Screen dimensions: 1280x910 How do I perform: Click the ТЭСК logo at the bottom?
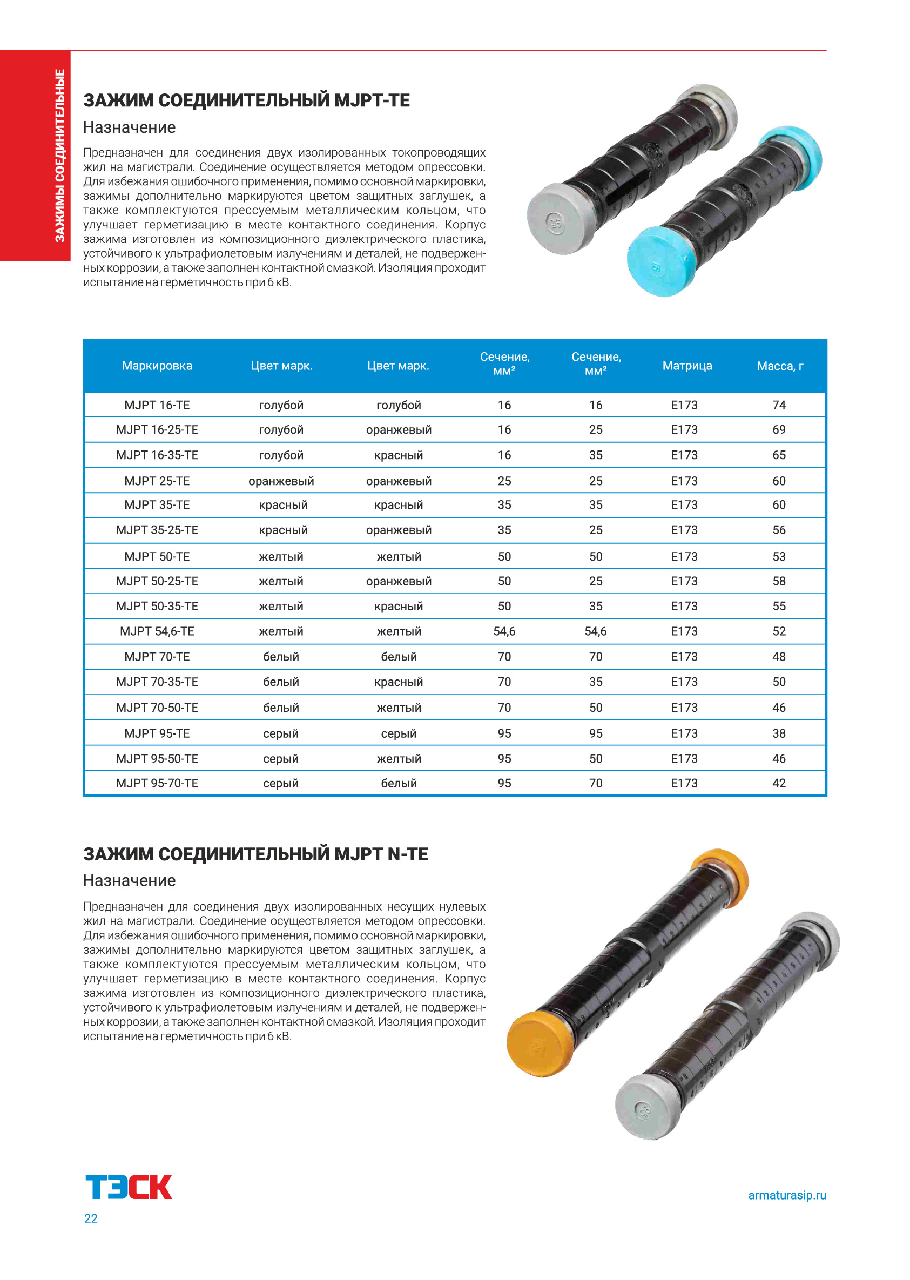[x=129, y=1187]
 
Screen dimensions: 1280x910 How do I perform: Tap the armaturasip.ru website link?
[x=787, y=1195]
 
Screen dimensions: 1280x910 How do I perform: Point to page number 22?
[x=91, y=1218]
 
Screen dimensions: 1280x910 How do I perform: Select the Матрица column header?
[x=687, y=366]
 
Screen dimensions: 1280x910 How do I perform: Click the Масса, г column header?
[x=779, y=366]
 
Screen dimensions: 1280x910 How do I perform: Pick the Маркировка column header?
[x=157, y=366]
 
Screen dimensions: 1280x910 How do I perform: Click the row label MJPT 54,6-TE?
[x=157, y=631]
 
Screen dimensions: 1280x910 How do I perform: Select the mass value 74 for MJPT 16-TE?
[x=779, y=405]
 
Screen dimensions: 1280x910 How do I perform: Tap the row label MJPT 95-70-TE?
[x=157, y=784]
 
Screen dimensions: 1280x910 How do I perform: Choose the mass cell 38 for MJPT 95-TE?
[x=779, y=733]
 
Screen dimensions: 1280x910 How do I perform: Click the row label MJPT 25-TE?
[x=157, y=481]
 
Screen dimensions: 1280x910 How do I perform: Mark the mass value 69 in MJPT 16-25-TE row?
[x=779, y=430]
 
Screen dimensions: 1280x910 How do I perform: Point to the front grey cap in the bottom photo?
[x=646, y=1107]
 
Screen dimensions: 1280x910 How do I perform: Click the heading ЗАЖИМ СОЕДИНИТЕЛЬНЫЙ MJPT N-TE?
[x=255, y=854]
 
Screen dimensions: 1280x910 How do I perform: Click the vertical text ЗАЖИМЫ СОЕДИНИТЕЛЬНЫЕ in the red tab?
[x=59, y=155]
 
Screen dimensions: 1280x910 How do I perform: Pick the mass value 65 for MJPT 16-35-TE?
[x=779, y=455]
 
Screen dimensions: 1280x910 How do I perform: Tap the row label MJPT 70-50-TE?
[x=157, y=708]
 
